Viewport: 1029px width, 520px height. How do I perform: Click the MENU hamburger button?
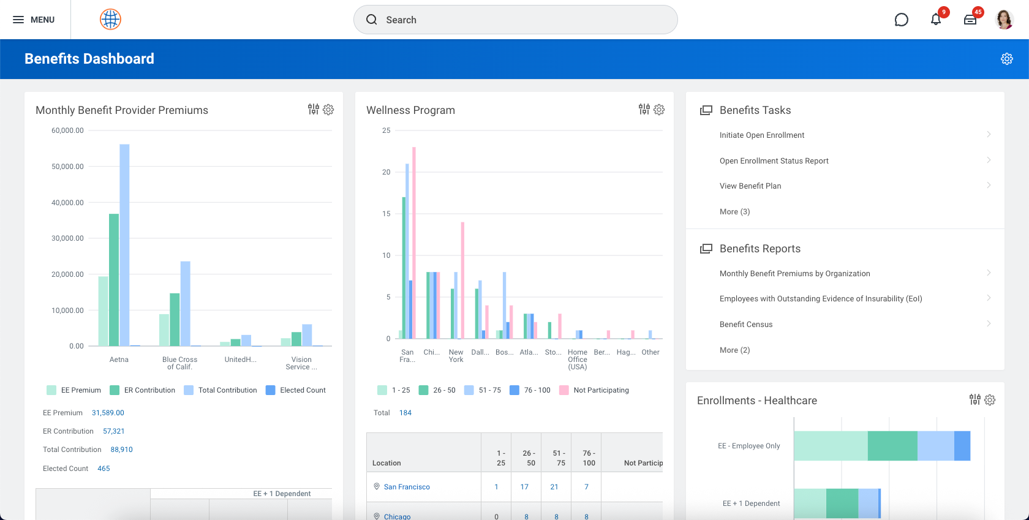[x=34, y=20]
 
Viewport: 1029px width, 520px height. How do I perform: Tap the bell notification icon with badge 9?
[x=936, y=20]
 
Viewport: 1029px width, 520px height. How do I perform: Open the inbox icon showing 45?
[x=970, y=20]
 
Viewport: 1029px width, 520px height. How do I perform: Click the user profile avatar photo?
[x=1005, y=20]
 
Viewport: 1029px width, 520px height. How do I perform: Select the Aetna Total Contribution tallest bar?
[x=124, y=245]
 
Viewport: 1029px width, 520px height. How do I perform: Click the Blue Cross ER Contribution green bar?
[x=175, y=320]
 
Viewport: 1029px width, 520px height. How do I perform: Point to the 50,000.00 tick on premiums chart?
[x=67, y=167]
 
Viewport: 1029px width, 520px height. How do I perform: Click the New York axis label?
[x=456, y=356]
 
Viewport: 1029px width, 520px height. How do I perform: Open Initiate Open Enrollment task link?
[x=762, y=135]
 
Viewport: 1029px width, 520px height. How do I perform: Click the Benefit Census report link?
[x=746, y=325]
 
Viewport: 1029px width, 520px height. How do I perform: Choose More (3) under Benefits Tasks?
[x=734, y=212]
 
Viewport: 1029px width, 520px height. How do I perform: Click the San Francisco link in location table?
[x=407, y=487]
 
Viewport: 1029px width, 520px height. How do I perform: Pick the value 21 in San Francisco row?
[x=554, y=487]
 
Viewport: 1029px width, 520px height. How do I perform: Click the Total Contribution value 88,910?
[x=121, y=450]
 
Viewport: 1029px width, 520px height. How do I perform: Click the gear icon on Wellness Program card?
[x=659, y=110]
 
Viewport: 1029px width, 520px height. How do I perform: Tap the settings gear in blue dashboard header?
[x=1007, y=59]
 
